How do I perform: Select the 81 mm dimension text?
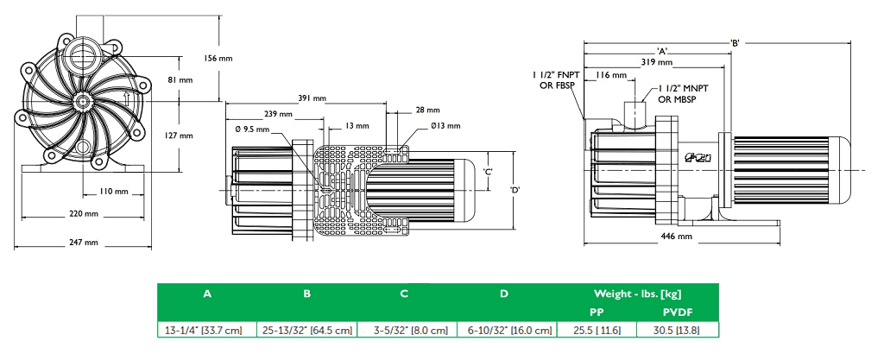click(x=180, y=79)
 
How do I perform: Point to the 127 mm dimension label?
click(x=180, y=136)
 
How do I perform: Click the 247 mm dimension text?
click(x=84, y=242)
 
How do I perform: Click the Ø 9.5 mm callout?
click(x=252, y=129)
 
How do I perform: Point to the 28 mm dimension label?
click(x=426, y=111)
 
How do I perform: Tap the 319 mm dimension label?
click(x=658, y=62)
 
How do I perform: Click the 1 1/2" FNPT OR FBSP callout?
click(x=552, y=80)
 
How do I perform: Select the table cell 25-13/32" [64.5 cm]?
click(x=306, y=330)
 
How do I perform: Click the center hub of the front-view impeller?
click(x=83, y=101)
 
